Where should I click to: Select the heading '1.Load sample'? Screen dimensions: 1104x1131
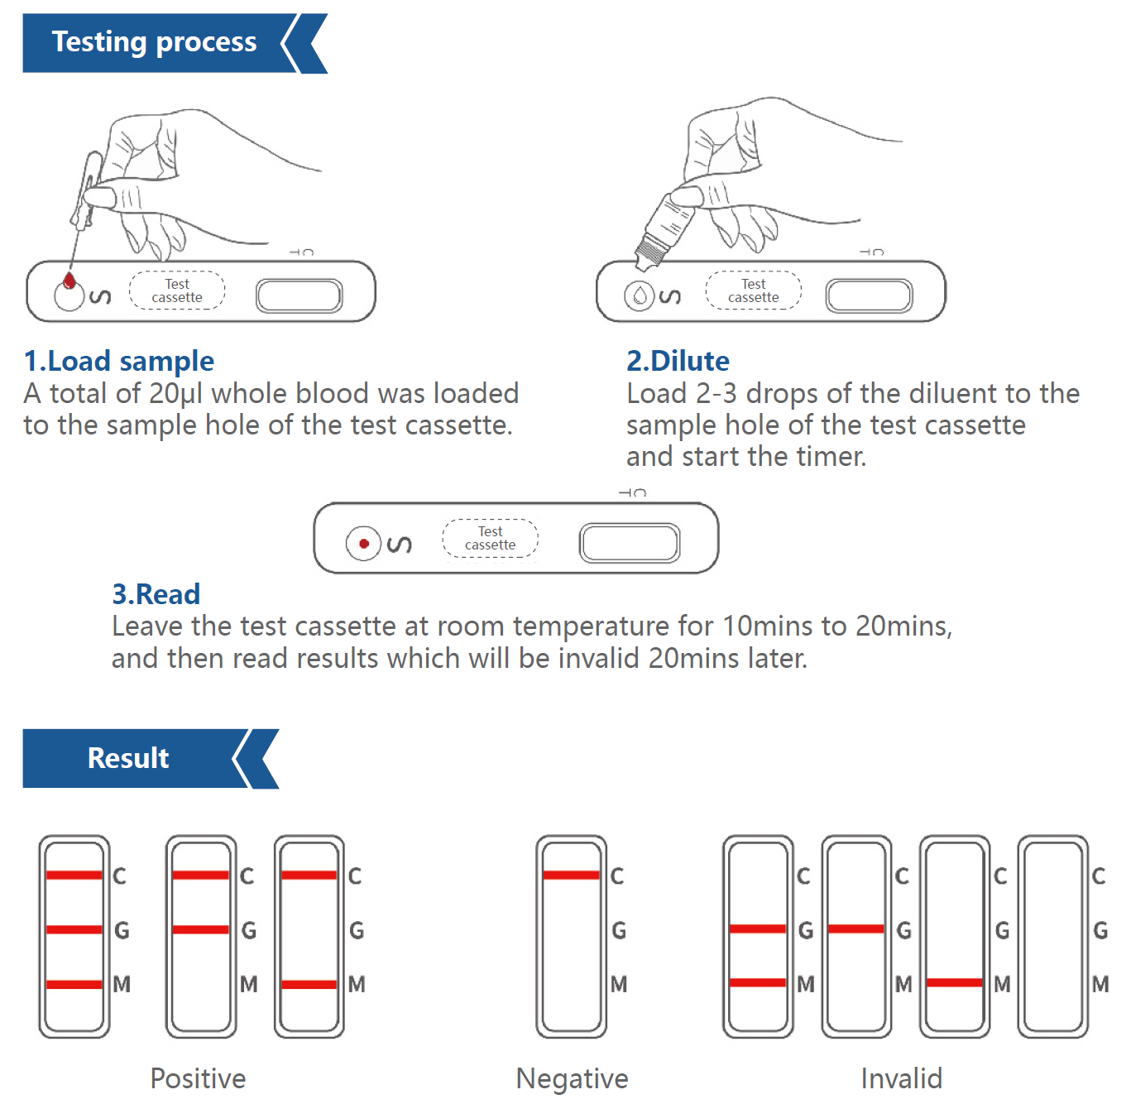[x=119, y=361]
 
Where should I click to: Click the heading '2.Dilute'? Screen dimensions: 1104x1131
[x=678, y=361]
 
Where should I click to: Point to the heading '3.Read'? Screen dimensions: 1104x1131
[x=156, y=594]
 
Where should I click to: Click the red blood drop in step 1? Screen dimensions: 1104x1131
[x=70, y=281]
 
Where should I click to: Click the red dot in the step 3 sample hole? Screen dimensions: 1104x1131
[x=363, y=544]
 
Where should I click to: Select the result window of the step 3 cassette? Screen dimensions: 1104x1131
[x=630, y=543]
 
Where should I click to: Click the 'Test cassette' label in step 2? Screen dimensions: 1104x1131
[x=753, y=290]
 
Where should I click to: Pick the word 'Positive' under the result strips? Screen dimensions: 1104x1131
[x=198, y=1078]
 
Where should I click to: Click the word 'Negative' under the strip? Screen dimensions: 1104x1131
[x=572, y=1078]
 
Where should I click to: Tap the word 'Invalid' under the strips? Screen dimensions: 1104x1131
[x=901, y=1078]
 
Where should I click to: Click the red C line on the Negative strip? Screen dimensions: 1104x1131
[x=571, y=875]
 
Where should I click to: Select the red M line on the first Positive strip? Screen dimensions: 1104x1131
[x=74, y=984]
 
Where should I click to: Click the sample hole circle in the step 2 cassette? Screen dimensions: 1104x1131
[x=640, y=295]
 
